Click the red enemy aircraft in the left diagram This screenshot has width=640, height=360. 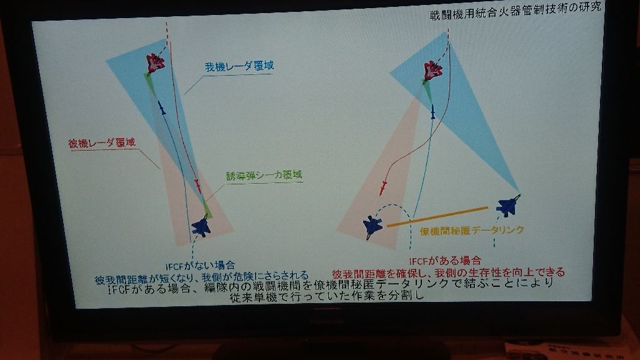click(154, 63)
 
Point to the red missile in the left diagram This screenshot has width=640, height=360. click(197, 185)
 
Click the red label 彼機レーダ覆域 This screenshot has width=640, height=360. click(102, 142)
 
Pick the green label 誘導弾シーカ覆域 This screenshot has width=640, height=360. click(264, 176)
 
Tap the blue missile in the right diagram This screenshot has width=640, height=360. click(432, 112)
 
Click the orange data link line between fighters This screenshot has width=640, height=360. click(437, 216)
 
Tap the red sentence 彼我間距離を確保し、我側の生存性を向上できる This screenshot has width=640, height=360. click(448, 272)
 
